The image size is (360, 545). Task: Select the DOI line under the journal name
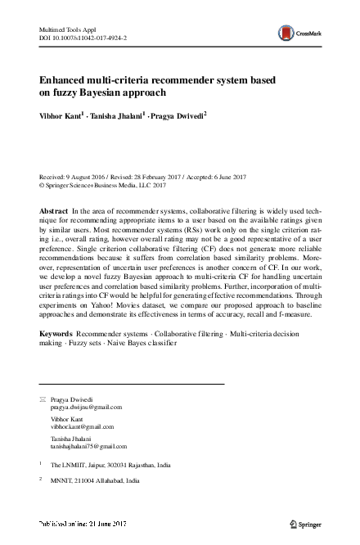(83, 38)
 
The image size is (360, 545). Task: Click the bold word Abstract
(54, 211)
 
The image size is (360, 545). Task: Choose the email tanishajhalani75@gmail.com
(88, 447)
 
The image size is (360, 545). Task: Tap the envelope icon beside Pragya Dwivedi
(43, 399)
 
